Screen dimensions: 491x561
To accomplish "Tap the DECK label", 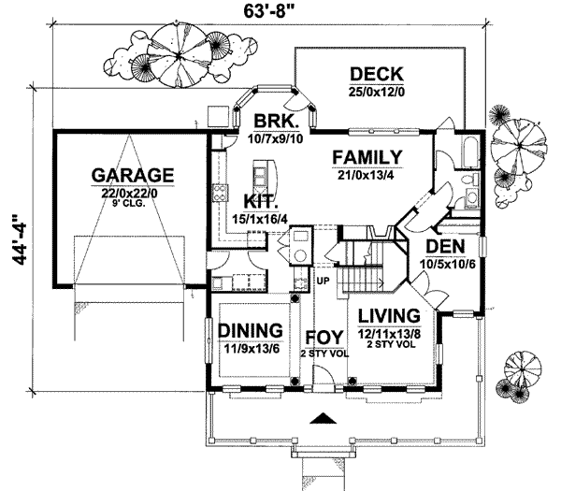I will pyautogui.click(x=375, y=74).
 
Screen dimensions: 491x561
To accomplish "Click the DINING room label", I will pyautogui.click(x=251, y=330).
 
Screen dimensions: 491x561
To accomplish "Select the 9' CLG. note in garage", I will pyautogui.click(x=132, y=203).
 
